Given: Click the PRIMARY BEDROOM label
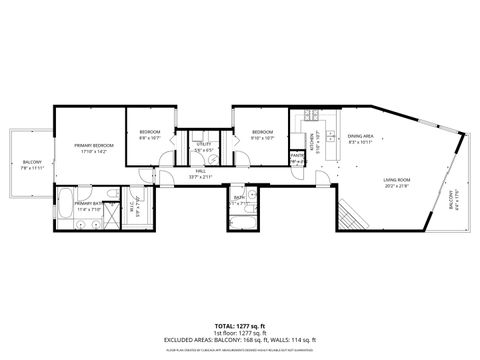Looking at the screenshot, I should pos(94,146).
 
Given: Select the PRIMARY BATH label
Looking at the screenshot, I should pos(88,203).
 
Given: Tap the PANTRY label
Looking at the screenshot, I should pos(297,156).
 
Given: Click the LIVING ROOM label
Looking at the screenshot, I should pos(397,181).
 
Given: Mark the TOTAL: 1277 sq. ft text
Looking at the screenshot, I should pos(240,325).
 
